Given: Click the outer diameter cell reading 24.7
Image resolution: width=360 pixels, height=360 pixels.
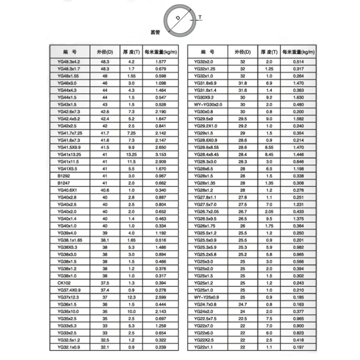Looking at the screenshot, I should coord(243,305).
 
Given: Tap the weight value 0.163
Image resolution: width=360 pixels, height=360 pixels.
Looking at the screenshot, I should coord(295,305).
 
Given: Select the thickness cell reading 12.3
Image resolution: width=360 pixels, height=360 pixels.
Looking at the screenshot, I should coord(131,298).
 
